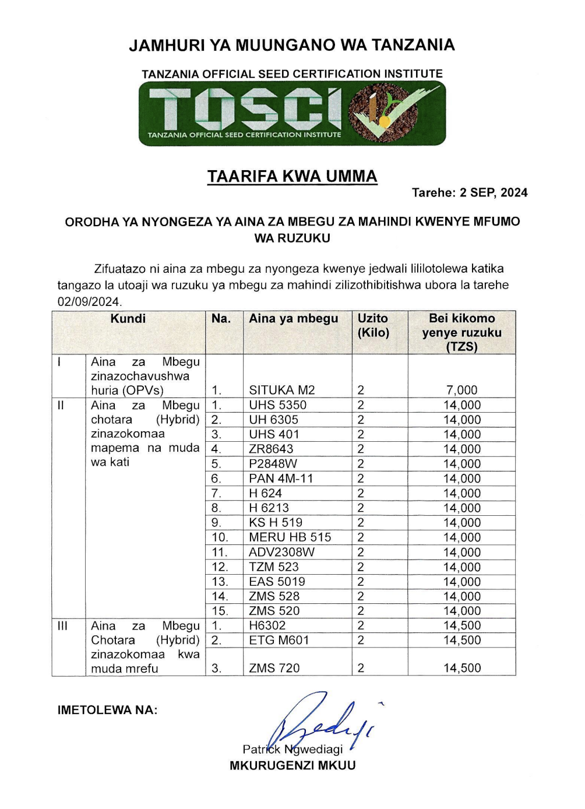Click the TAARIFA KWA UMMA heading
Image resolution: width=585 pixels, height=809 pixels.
(x=292, y=177)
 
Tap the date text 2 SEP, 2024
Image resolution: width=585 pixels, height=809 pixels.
(x=493, y=193)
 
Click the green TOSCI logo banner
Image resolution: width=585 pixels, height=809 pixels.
(x=292, y=114)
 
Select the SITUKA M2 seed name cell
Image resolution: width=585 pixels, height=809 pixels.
(x=281, y=390)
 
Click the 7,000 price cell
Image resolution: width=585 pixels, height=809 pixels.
(x=461, y=390)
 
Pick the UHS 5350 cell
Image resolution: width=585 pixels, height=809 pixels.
(x=277, y=405)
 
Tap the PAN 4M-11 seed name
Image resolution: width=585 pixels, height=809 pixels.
(x=281, y=479)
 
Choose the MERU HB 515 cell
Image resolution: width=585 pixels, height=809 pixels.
(x=290, y=537)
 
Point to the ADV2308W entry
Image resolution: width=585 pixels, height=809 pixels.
(x=281, y=552)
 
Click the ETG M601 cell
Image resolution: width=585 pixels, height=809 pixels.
(x=279, y=640)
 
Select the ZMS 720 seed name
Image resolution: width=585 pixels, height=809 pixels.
(x=274, y=668)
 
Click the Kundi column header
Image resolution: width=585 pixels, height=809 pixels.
(x=128, y=319)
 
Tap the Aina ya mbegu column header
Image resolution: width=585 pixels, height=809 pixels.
(x=293, y=319)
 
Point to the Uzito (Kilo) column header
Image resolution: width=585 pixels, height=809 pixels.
(x=373, y=325)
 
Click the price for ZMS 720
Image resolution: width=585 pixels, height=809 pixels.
(x=462, y=668)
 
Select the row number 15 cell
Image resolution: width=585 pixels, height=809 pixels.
(x=220, y=611)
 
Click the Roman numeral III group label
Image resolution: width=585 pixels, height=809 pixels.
(x=62, y=626)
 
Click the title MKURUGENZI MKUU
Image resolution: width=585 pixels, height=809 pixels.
(x=292, y=766)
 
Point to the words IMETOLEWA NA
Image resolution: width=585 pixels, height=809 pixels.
(x=107, y=710)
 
